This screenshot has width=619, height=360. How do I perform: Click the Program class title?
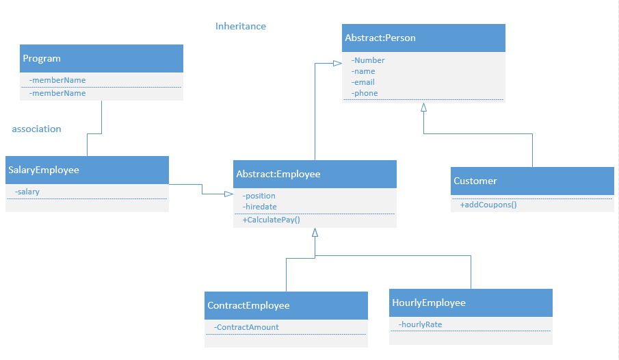(x=42, y=59)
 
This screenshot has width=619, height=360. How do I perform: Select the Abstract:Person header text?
(x=380, y=38)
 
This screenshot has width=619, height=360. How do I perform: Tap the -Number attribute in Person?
(x=368, y=60)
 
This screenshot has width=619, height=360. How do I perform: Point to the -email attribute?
(x=363, y=82)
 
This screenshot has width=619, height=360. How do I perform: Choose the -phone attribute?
(x=365, y=93)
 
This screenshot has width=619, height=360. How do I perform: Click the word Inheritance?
(x=241, y=27)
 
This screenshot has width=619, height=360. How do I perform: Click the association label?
(x=36, y=129)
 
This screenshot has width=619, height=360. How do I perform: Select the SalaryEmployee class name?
(x=44, y=170)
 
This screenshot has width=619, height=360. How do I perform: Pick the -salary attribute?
(x=27, y=192)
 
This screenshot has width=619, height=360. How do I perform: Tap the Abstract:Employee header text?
(x=278, y=175)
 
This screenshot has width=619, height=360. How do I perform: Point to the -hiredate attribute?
(x=259, y=207)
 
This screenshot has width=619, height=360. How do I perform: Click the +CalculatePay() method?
(x=272, y=220)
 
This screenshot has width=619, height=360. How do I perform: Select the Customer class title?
(x=475, y=181)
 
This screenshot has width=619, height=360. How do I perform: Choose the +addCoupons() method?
(x=488, y=205)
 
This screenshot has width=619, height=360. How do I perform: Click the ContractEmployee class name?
(x=248, y=306)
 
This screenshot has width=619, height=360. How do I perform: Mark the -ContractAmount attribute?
(x=246, y=327)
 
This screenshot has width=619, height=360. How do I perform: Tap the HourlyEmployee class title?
(x=428, y=303)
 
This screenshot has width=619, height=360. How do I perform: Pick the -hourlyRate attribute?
(x=420, y=324)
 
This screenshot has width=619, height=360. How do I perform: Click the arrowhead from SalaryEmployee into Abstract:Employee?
(x=229, y=194)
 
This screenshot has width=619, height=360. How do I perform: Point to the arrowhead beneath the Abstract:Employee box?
(x=315, y=233)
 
